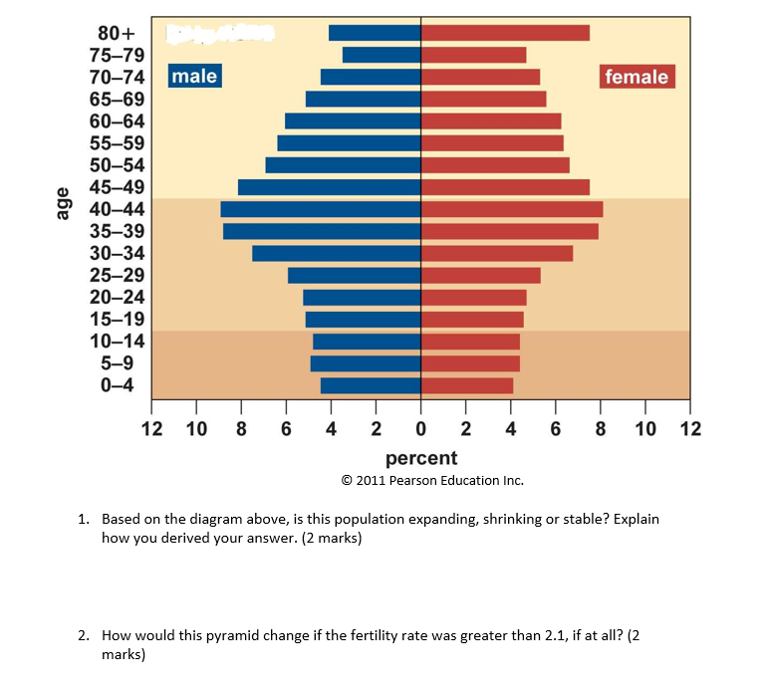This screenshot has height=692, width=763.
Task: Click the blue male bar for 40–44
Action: click(321, 209)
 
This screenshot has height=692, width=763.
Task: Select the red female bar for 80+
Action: click(505, 33)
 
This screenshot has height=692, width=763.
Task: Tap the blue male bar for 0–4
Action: click(371, 385)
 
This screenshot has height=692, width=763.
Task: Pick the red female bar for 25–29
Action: click(481, 275)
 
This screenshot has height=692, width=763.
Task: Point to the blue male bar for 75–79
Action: click(381, 55)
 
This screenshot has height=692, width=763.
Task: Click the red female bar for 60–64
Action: click(491, 121)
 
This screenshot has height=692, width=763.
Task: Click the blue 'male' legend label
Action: click(194, 76)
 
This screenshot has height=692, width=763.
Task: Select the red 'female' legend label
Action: click(637, 77)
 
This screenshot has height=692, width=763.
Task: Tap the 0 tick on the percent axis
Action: click(420, 429)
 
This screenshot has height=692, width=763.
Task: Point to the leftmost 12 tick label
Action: click(151, 429)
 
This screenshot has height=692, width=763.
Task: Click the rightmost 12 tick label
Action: click(690, 429)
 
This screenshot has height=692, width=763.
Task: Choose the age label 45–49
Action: click(117, 187)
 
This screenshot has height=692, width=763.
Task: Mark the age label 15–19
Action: click(117, 319)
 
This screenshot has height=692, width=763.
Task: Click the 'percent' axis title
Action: click(421, 458)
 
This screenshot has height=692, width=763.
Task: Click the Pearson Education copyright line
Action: click(431, 480)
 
